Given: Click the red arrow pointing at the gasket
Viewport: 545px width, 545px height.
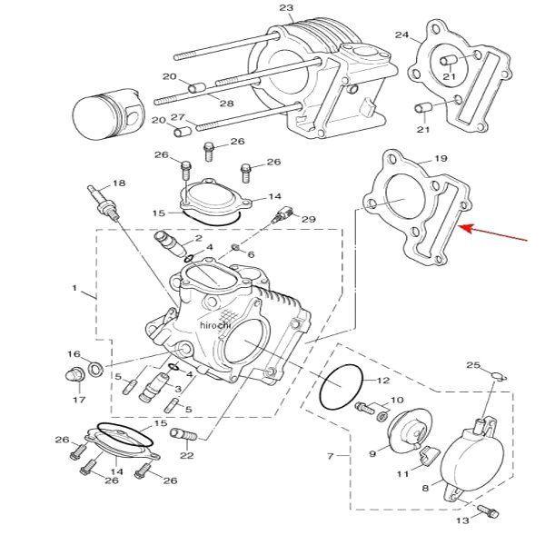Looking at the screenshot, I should [495, 234].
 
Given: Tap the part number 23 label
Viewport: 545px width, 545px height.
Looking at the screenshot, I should [286, 9].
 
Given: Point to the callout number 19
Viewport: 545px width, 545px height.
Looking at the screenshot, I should [441, 160].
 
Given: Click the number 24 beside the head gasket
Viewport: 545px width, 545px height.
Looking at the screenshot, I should [401, 35].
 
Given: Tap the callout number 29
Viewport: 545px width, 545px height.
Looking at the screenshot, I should [308, 220].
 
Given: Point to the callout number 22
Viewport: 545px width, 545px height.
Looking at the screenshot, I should [187, 455].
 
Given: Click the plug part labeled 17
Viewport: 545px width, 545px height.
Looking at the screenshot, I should [76, 376].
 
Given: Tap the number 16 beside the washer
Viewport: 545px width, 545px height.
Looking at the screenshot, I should [74, 353].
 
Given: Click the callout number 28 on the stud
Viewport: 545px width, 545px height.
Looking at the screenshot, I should [226, 104].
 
